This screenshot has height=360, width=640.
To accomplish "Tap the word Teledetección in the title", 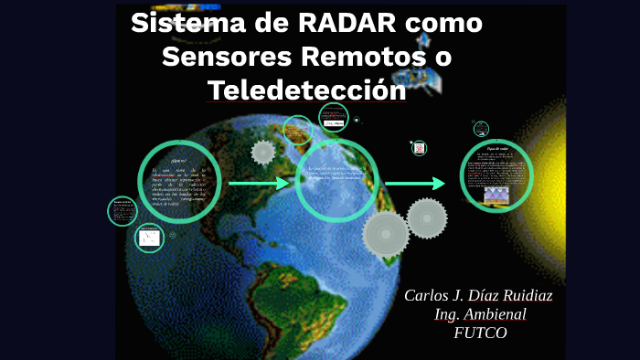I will [306, 91].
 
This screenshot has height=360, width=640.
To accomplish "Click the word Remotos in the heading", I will [352, 57].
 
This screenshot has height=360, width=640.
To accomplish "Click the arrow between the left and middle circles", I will [259, 184].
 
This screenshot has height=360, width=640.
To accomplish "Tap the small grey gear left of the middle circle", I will [263, 152].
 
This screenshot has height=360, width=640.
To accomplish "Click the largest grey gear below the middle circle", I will [386, 234].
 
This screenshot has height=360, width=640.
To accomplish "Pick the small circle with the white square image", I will [148, 238].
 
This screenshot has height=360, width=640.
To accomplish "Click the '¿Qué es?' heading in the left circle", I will [178, 161].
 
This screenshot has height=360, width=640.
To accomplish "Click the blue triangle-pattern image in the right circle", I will [496, 195].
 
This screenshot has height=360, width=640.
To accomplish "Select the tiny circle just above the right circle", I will [481, 129].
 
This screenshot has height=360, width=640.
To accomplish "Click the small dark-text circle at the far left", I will [122, 211].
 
